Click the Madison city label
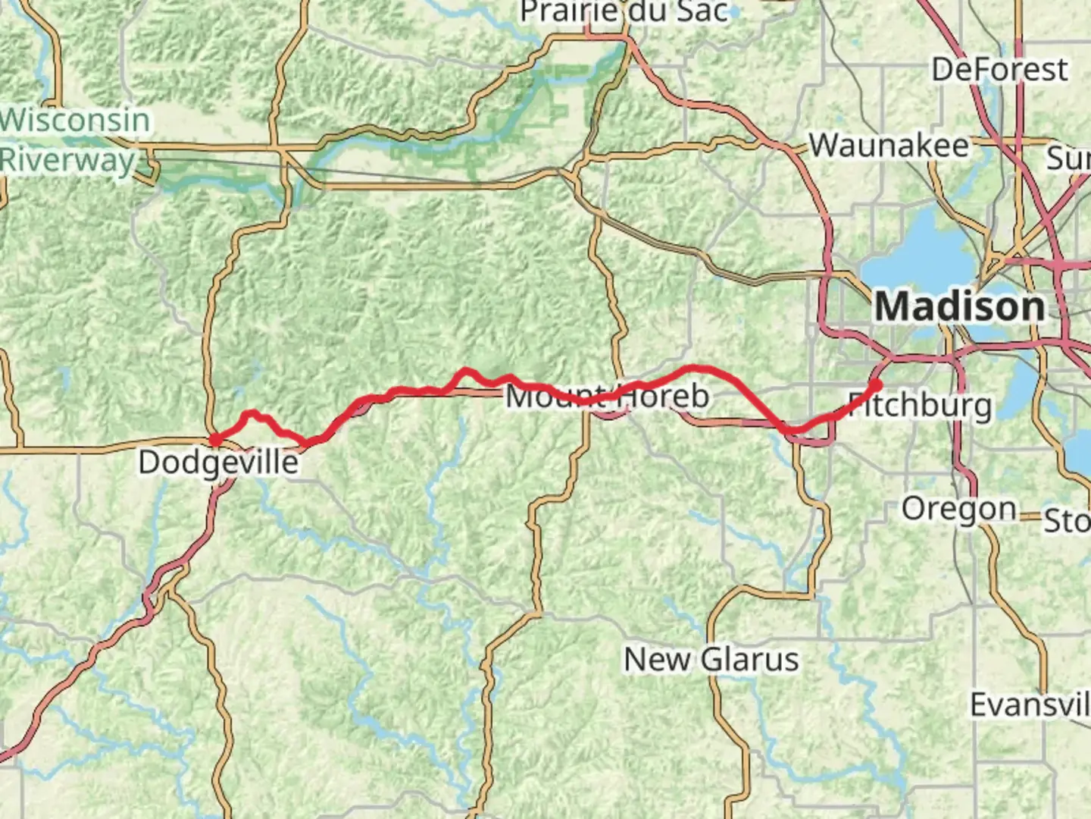pos(960,307)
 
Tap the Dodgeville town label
pos(218,462)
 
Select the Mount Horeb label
pos(608,396)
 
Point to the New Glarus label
pos(711,660)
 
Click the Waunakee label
pos(889,146)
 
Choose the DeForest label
pos(999,70)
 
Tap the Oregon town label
pos(958,509)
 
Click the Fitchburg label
pos(919,405)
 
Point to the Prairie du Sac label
pos(624,12)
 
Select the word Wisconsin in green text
pos(75,121)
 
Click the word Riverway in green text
pos(67,160)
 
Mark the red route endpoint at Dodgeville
pos(215,440)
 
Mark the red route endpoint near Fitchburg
pos(876,384)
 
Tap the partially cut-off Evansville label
pos(1030,705)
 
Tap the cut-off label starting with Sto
pos(1067,522)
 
